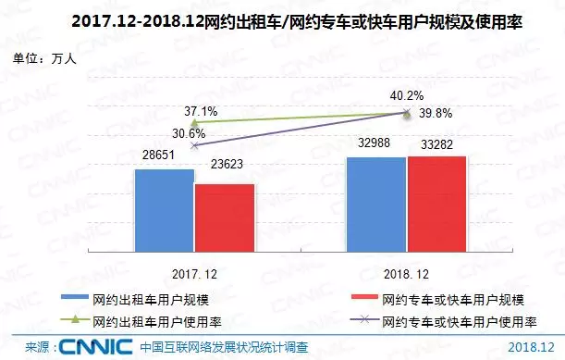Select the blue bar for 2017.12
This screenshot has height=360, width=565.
click(x=164, y=210)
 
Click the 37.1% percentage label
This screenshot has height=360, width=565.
click(x=201, y=111)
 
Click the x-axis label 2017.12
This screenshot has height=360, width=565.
click(x=193, y=276)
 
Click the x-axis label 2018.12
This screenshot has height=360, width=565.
click(x=406, y=276)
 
